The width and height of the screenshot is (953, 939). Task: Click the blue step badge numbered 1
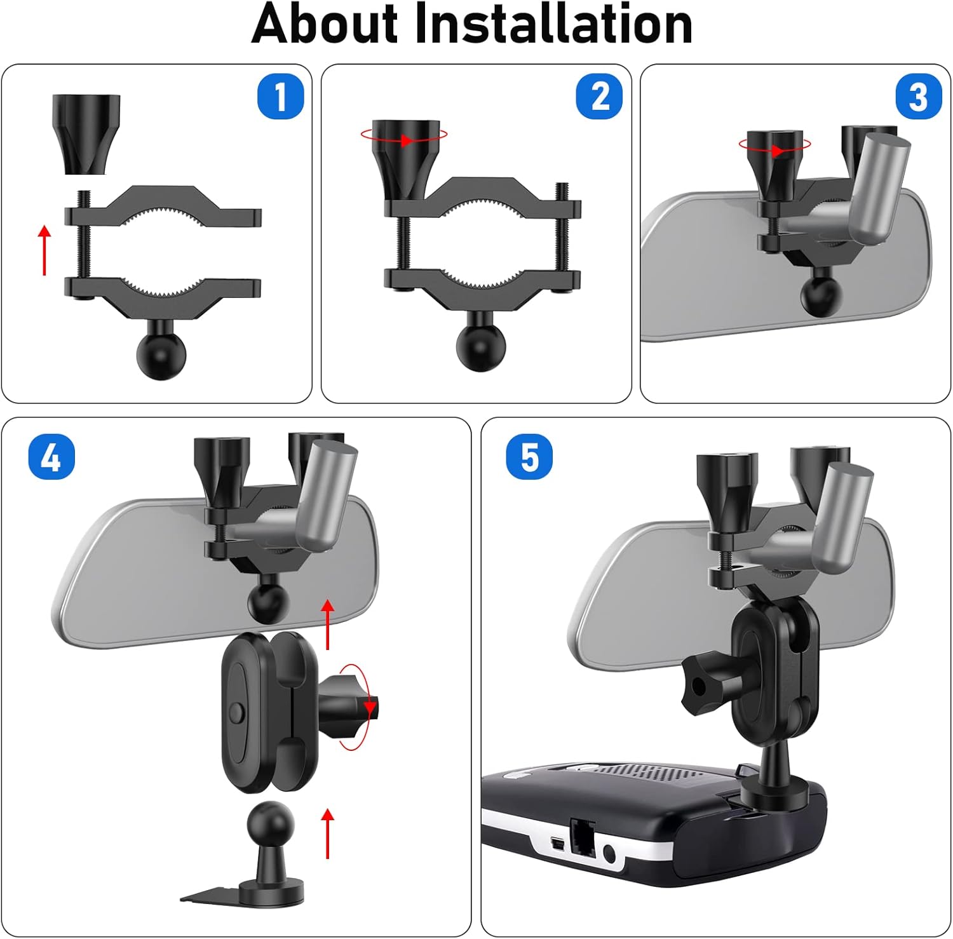280,97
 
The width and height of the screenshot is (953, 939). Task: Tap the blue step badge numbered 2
599,97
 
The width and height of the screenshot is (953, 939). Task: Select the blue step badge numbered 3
918,97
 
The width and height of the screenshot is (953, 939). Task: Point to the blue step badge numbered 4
51,457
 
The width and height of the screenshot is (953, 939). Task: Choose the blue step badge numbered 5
529,457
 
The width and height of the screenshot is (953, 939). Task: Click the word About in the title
326,24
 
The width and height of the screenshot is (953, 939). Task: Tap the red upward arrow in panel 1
44,250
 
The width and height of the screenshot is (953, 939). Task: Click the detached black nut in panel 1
86,134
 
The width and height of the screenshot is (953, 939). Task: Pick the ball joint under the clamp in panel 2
481,344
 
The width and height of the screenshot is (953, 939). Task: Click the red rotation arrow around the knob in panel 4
356,706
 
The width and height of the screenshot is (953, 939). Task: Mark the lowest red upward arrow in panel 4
328,834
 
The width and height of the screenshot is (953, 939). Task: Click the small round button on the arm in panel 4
237,712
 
